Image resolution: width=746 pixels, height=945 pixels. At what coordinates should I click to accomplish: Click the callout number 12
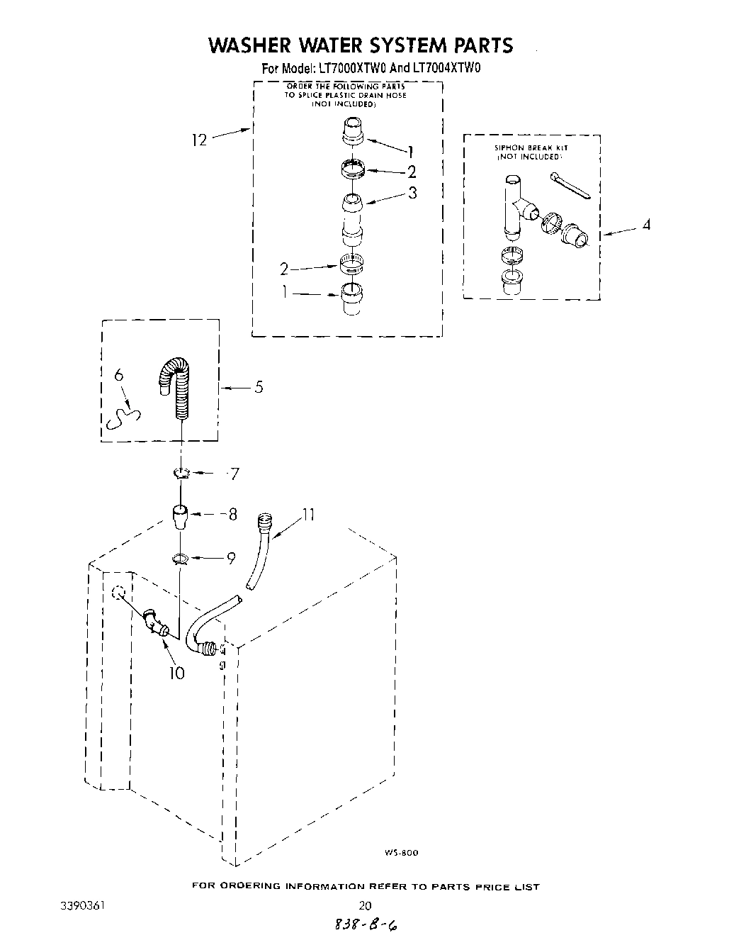pyautogui.click(x=199, y=140)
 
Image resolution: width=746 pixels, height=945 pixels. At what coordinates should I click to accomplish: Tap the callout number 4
pyautogui.click(x=645, y=225)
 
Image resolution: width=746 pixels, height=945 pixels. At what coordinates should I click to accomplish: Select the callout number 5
pyautogui.click(x=259, y=387)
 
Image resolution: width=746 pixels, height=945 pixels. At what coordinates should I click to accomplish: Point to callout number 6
pyautogui.click(x=119, y=376)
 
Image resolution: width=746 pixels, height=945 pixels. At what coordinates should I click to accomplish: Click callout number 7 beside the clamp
pyautogui.click(x=234, y=474)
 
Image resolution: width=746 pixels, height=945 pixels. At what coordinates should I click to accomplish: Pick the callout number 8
pyautogui.click(x=232, y=515)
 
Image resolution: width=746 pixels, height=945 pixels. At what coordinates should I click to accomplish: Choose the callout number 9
pyautogui.click(x=230, y=559)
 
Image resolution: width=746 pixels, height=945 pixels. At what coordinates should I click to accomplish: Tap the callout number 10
pyautogui.click(x=176, y=672)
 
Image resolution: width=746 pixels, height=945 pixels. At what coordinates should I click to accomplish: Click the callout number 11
pyautogui.click(x=308, y=515)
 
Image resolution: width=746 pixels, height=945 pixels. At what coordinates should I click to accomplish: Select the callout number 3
pyautogui.click(x=412, y=192)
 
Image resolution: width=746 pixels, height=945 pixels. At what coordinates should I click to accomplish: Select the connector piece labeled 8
pyautogui.click(x=181, y=515)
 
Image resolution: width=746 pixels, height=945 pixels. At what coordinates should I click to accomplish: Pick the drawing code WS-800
pyautogui.click(x=402, y=853)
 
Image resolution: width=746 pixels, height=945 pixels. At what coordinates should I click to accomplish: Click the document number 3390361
pyautogui.click(x=84, y=905)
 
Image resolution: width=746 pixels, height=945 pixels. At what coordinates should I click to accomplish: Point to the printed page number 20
pyautogui.click(x=366, y=905)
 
